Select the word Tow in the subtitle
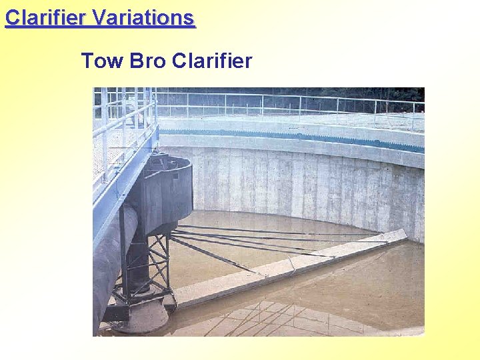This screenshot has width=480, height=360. coord(102,61)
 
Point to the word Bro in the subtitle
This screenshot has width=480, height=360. coord(147,61)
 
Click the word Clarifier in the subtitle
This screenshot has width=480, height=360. coord(212,61)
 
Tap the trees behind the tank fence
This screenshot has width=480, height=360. coord(300,93)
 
